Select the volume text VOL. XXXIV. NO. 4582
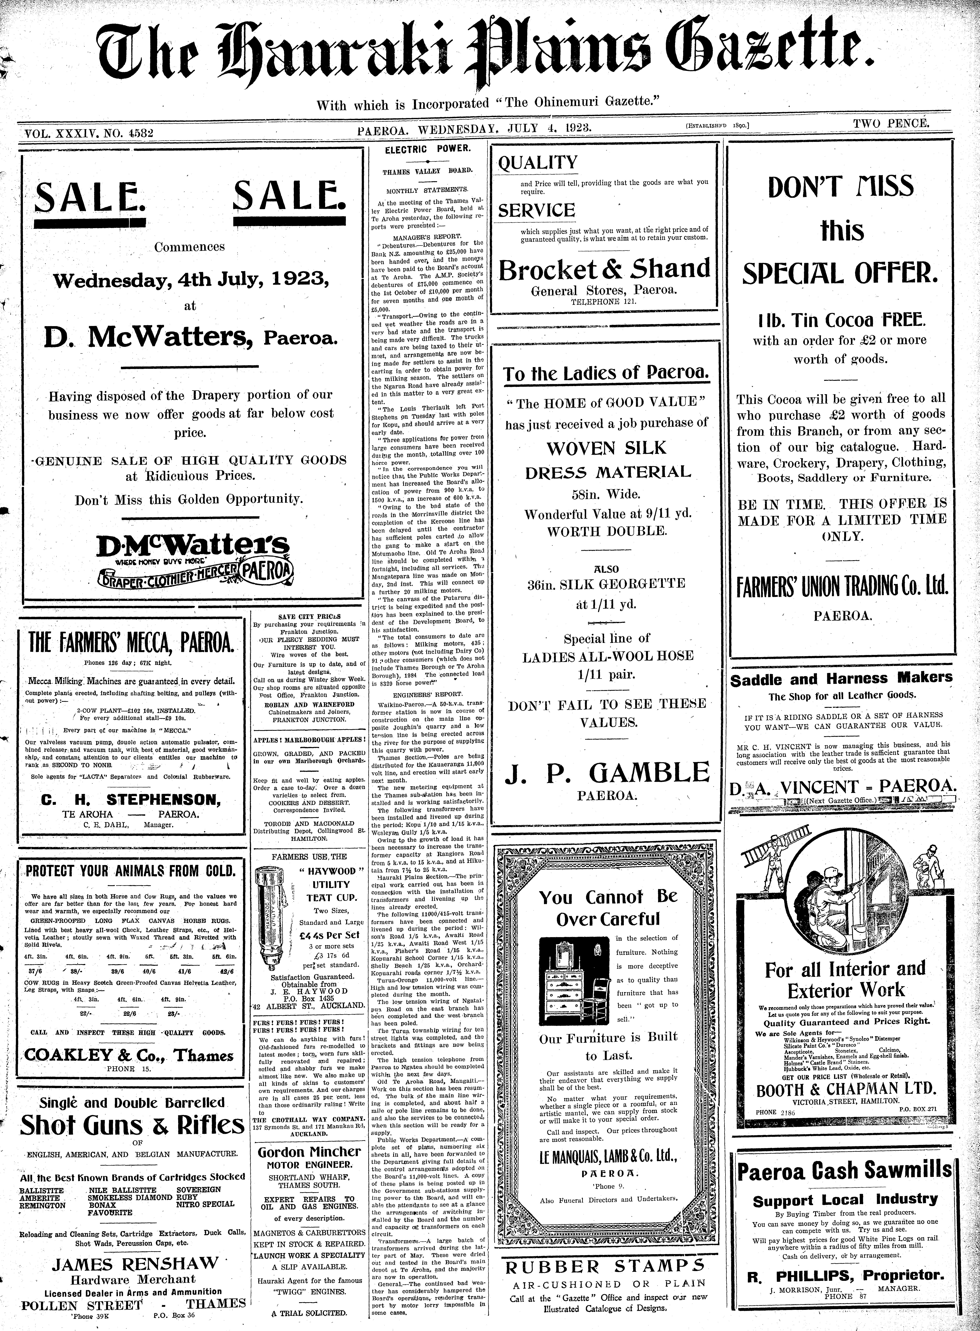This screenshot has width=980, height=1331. pos(88,133)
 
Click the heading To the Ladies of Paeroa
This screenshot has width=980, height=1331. pos(605,374)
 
